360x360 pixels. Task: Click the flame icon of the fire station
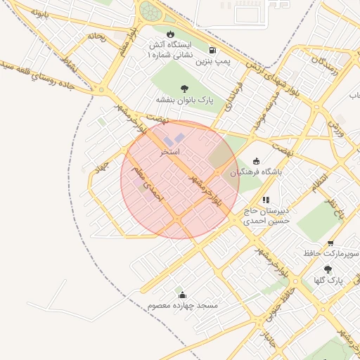click(x=170, y=34)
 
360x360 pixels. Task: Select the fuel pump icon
click(x=212, y=50)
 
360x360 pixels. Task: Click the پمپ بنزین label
click(x=213, y=62)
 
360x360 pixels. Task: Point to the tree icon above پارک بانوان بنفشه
click(x=184, y=89)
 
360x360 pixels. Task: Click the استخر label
click(x=170, y=151)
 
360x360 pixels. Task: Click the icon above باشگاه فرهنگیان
click(x=255, y=161)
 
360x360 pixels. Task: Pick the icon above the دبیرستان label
click(x=266, y=200)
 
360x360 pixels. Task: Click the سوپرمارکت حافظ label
click(x=331, y=252)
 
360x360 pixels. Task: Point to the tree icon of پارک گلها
click(x=328, y=269)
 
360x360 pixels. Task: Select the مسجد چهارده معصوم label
click(x=183, y=307)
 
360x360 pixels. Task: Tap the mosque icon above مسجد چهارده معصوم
click(x=183, y=295)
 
